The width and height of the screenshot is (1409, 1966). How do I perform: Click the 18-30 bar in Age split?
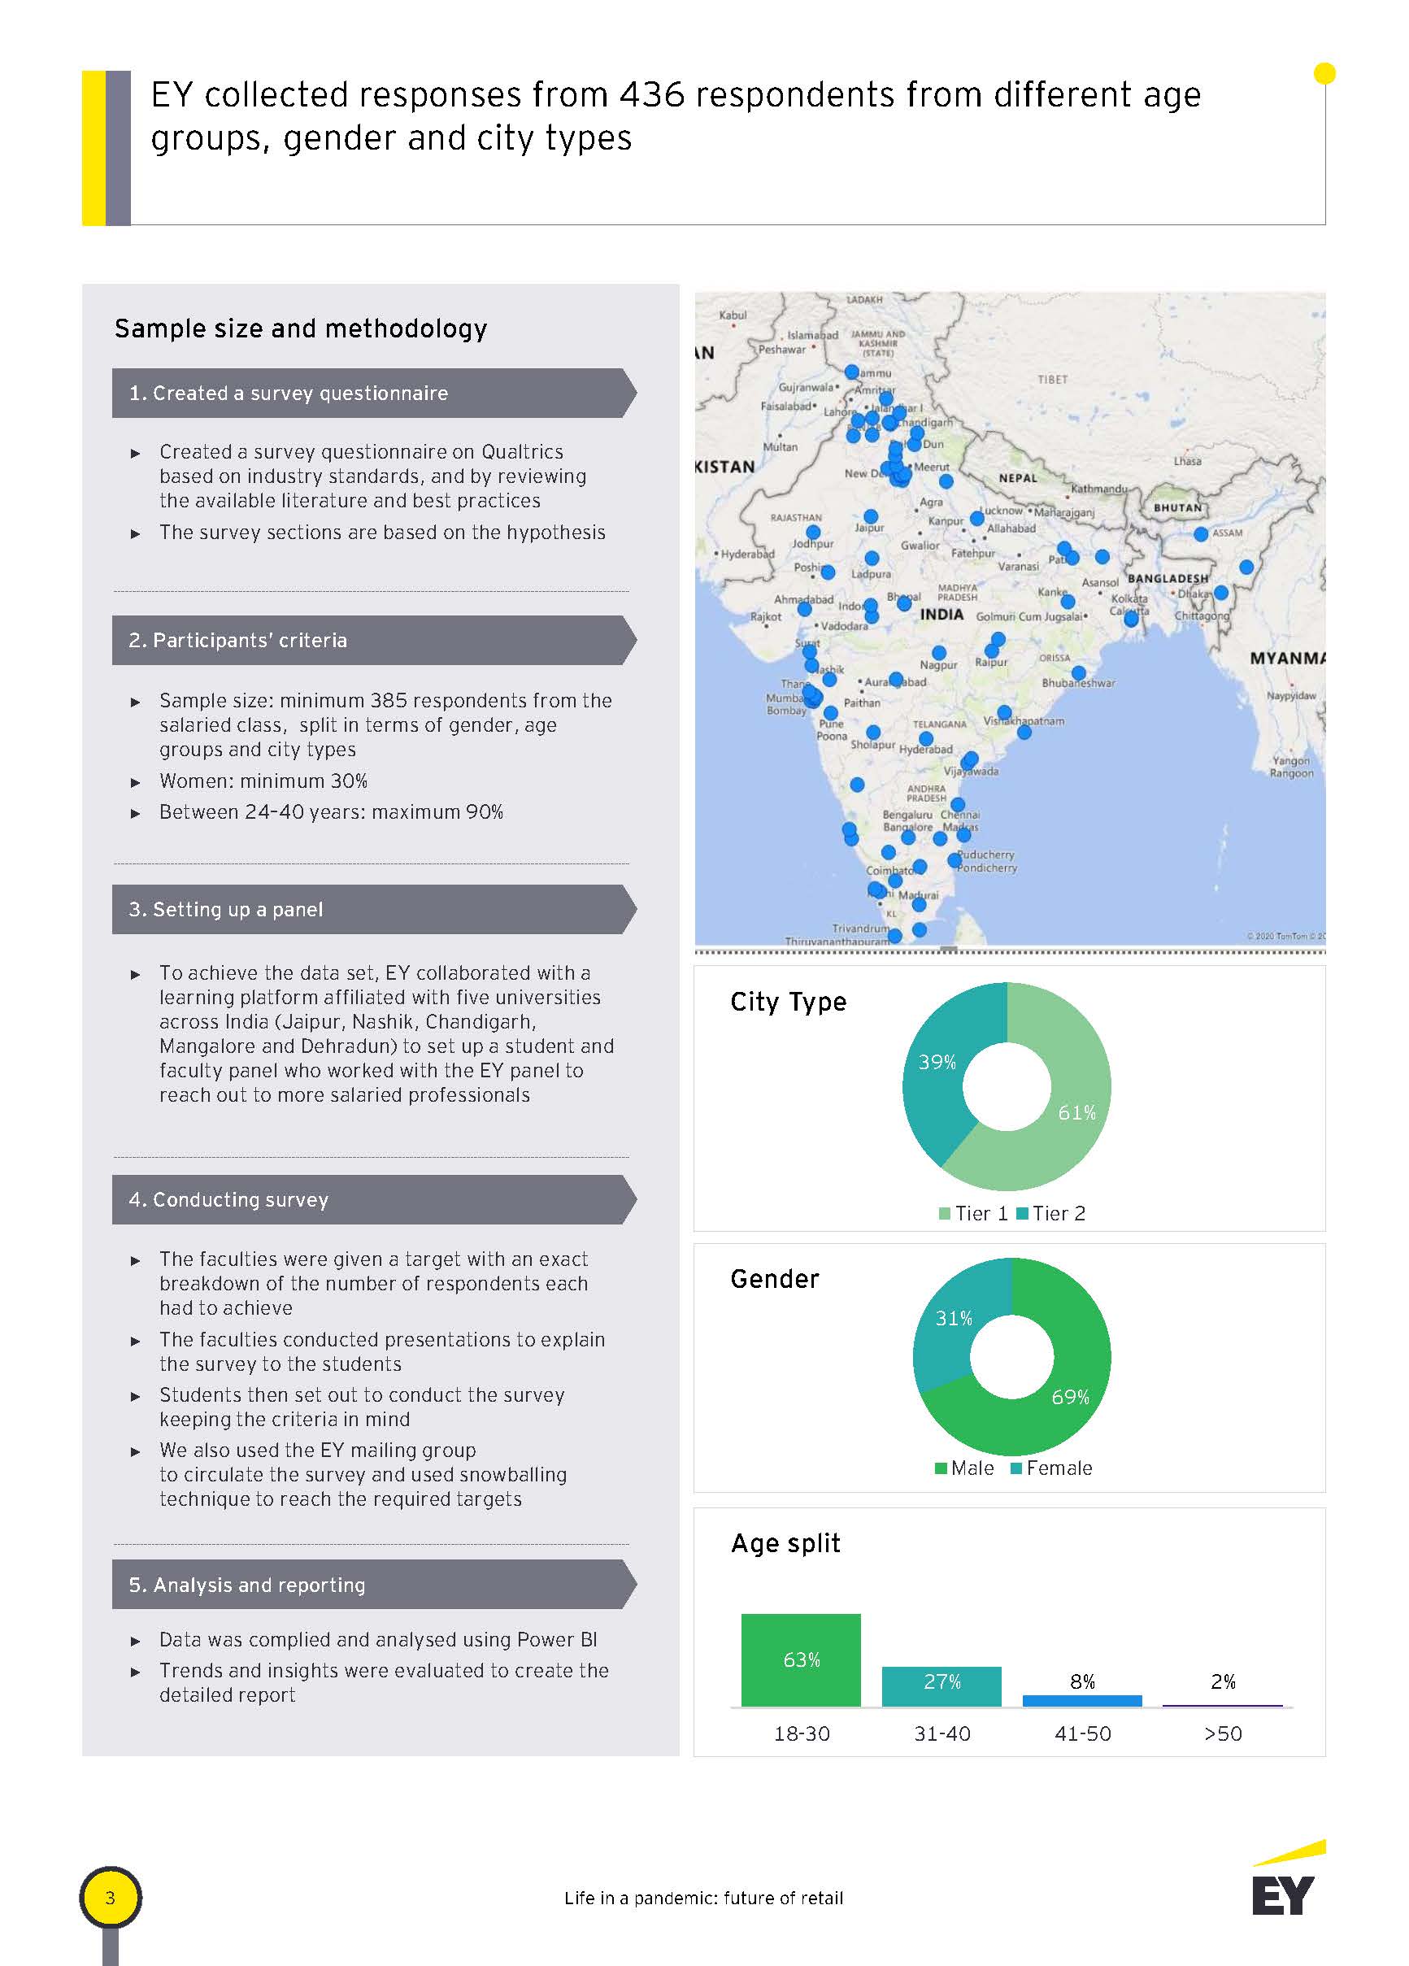click(x=800, y=1659)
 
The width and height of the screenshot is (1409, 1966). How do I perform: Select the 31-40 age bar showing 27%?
click(x=941, y=1686)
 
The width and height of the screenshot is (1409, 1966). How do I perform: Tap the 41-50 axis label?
click(x=1082, y=1733)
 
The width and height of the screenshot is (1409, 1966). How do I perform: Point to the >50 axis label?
click(x=1223, y=1733)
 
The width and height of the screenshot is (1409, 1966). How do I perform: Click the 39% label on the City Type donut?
click(x=937, y=1062)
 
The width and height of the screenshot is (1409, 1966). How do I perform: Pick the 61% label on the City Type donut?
click(x=1077, y=1112)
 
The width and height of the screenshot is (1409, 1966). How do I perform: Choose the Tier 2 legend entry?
click(x=1051, y=1214)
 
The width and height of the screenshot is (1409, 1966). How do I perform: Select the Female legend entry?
click(x=1052, y=1468)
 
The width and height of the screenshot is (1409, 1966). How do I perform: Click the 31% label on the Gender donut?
click(x=953, y=1319)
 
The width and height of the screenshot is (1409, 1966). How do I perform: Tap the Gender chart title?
click(x=774, y=1279)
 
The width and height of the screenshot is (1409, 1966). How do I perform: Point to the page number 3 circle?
click(x=110, y=1898)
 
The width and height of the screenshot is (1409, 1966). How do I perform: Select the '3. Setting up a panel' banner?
click(x=373, y=909)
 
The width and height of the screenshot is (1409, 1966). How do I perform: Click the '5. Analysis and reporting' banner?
click(x=373, y=1585)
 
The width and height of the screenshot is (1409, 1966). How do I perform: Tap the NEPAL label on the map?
click(x=1017, y=477)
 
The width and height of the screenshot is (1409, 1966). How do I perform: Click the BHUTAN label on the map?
click(x=1176, y=507)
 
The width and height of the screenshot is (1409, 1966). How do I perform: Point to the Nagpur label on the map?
click(x=938, y=665)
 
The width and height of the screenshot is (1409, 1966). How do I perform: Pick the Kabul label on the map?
click(x=733, y=315)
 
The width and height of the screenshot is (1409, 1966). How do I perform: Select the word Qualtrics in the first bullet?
click(x=522, y=451)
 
